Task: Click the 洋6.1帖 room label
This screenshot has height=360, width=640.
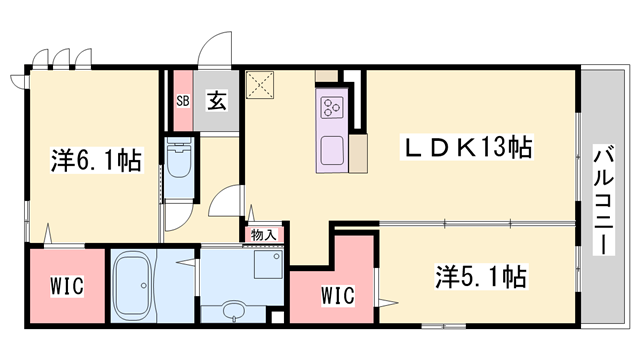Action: [x=96, y=158]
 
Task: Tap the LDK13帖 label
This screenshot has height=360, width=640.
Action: [x=467, y=148]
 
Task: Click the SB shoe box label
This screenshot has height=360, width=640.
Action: [x=183, y=100]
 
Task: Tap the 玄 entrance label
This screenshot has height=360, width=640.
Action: [x=216, y=100]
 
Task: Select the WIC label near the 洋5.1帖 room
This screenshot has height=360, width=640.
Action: [x=338, y=296]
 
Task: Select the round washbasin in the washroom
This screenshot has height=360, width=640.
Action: [x=233, y=309]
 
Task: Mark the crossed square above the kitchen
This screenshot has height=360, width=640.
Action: [x=263, y=86]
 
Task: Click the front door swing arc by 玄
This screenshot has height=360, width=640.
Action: [x=213, y=50]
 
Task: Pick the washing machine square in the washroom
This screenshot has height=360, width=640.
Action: [x=268, y=265]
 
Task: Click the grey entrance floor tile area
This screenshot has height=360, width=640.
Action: [x=216, y=115]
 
